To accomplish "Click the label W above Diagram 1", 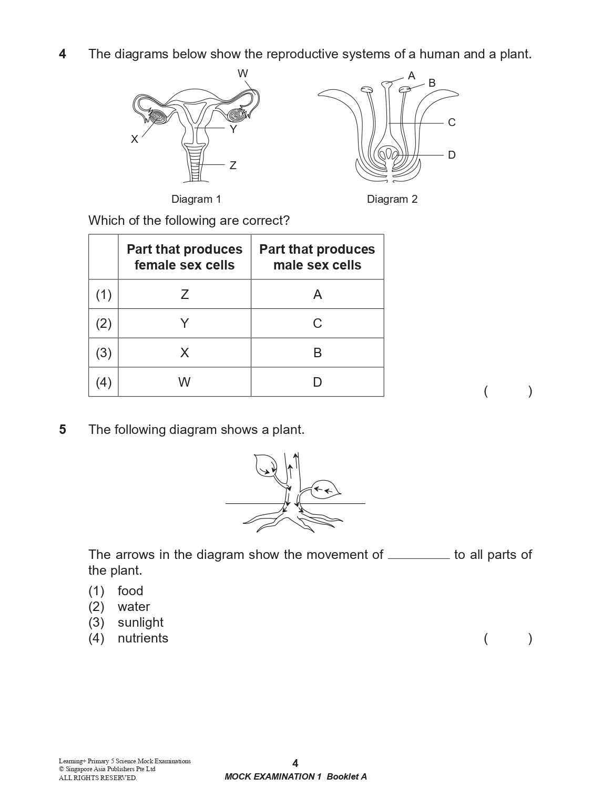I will click(242, 74).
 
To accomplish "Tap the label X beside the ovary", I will click(135, 139).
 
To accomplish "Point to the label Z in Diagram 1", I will click(233, 165).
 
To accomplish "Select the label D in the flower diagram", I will click(452, 155).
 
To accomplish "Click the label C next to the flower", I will click(452, 122).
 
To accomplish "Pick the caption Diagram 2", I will click(392, 199).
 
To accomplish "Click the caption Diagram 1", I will click(196, 199).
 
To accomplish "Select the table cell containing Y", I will click(185, 323).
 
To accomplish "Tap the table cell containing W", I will click(185, 382).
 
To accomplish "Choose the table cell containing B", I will click(317, 352).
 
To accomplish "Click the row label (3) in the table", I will click(104, 352).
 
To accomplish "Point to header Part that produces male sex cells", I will click(317, 257).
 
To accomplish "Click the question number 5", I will click(63, 430).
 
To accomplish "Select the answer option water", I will click(134, 607).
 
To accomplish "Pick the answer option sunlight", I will click(140, 623).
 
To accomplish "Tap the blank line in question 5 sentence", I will click(419, 557).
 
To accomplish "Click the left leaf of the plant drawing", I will click(265, 465).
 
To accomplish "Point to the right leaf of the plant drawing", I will click(325, 490).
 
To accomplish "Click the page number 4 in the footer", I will click(295, 763).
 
